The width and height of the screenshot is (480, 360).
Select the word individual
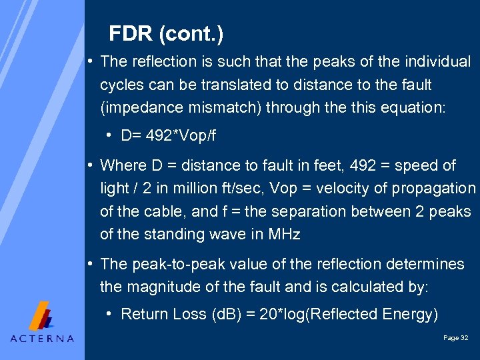[x=437, y=62]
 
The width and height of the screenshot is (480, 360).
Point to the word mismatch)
[x=227, y=108]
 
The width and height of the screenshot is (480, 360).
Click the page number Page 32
[x=455, y=338]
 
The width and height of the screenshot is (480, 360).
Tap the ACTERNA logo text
[x=42, y=338]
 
